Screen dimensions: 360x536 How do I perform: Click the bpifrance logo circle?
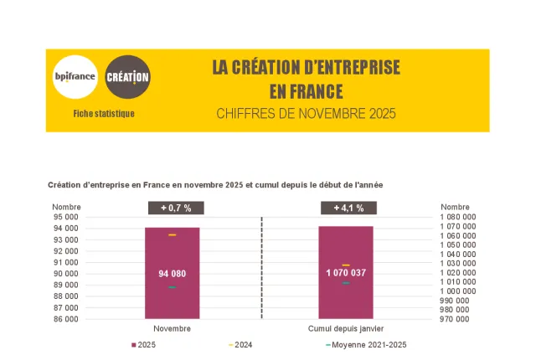pos(75,77)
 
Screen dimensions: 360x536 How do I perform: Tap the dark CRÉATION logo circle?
pos(128,77)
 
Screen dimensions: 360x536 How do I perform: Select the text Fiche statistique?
pos(104,113)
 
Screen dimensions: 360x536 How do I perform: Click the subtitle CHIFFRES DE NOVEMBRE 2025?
pos(306,113)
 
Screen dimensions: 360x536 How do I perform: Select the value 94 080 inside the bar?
pos(172,274)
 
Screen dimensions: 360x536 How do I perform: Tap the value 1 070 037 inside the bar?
pos(346,273)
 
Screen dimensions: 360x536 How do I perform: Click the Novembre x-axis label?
pos(172,329)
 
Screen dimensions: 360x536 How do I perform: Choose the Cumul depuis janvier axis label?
pos(346,329)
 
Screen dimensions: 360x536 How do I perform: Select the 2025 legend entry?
pos(143,345)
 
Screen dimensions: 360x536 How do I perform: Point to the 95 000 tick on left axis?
pos(65,217)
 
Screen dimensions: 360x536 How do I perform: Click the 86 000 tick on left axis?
pos(65,319)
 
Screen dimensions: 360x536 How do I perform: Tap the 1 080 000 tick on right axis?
pos(458,217)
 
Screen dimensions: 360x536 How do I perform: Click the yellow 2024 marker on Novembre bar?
pos(172,235)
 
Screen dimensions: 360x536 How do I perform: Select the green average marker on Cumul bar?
pos(346,283)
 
